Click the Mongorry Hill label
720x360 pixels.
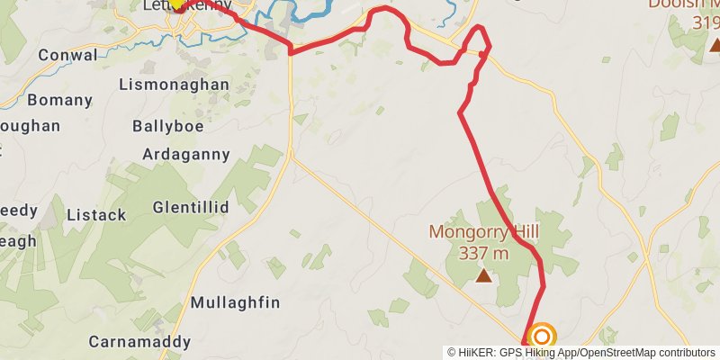(483, 232)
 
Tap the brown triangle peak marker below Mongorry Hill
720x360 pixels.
(484, 275)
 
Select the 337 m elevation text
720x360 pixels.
(483, 253)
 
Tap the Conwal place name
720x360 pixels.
(67, 55)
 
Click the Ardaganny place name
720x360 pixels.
(186, 154)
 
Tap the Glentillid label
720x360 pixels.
(191, 207)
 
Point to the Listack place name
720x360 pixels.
(95, 215)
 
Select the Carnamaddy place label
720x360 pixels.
(139, 342)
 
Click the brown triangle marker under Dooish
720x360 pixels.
(715, 44)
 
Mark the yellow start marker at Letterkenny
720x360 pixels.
(178, 4)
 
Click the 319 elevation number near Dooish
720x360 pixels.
(706, 22)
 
